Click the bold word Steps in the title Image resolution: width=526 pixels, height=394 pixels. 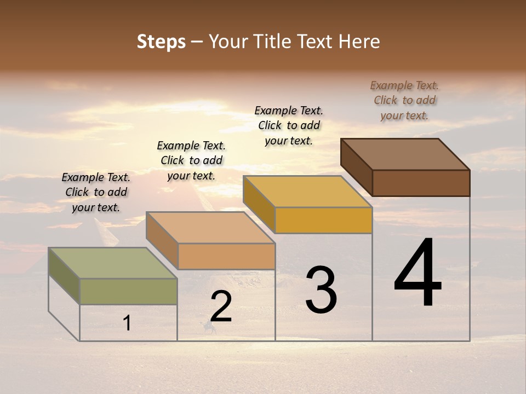161,42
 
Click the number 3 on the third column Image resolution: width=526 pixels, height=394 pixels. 321,290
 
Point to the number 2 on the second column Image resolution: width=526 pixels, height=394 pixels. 221,306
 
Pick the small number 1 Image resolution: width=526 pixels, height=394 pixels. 127,323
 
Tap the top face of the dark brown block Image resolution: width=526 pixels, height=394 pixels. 405,154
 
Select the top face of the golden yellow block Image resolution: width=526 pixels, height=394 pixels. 307,191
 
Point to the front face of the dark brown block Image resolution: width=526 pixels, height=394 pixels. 421,183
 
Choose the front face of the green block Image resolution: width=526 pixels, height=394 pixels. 128,291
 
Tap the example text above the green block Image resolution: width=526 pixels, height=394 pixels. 96,193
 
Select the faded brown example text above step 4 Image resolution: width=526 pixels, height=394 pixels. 404,100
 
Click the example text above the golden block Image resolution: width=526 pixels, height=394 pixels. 289,125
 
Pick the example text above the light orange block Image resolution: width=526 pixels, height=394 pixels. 191,160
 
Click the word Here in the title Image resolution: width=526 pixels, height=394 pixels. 359,42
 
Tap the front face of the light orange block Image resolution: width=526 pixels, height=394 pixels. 226,256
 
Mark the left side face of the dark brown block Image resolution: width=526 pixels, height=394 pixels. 356,167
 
